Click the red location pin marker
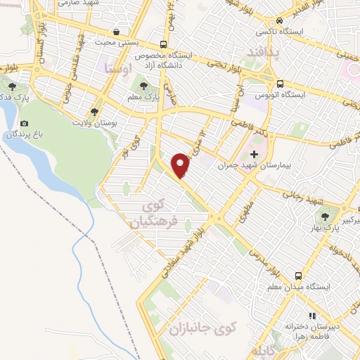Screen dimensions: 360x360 [x=181, y=165]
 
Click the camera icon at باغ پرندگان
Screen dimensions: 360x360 [x=25, y=123]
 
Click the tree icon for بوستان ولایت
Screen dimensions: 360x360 [x=94, y=112]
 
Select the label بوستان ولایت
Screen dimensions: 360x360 [x=94, y=123]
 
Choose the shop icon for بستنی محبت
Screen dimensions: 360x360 [x=115, y=32]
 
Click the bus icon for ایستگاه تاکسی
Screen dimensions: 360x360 [x=280, y=21]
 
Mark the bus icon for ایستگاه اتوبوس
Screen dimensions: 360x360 [x=280, y=82]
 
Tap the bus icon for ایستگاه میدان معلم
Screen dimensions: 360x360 [x=300, y=276]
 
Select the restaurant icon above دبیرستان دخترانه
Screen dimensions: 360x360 [x=312, y=316]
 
